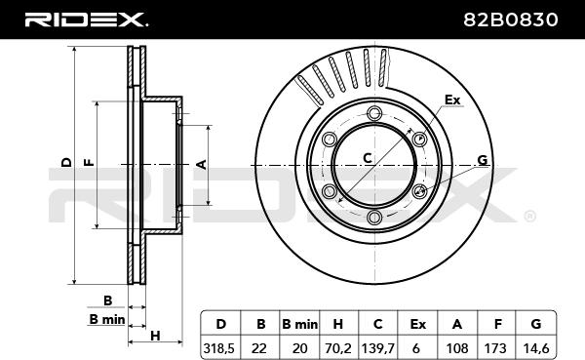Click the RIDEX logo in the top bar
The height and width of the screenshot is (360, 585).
[x=86, y=20]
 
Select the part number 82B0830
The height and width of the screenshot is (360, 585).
[x=511, y=20]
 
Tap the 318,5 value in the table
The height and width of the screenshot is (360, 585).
[x=219, y=348]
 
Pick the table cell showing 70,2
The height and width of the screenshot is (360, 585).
[x=337, y=348]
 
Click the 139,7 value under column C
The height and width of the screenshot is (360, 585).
[x=378, y=348]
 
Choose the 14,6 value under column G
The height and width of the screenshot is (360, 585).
[x=535, y=348]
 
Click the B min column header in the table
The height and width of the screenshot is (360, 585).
[x=300, y=324]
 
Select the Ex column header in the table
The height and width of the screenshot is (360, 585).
[x=417, y=324]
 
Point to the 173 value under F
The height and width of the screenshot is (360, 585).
[x=495, y=348]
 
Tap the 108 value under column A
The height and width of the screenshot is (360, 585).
[x=456, y=348]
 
